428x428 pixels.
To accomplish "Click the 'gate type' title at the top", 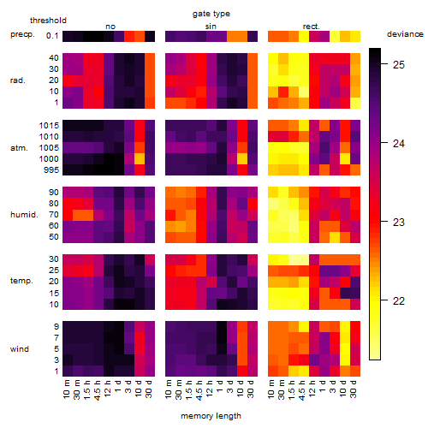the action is tap(211, 14).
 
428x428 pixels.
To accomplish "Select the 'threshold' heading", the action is tap(48, 21).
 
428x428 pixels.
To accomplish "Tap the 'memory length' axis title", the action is tap(211, 416).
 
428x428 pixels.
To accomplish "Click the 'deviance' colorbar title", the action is tap(405, 34).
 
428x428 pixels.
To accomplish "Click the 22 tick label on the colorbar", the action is tap(399, 300).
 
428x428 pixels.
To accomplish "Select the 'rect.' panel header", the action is tap(312, 27).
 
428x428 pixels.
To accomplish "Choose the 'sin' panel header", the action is tap(211, 27).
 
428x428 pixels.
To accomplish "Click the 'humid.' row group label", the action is tap(24, 215).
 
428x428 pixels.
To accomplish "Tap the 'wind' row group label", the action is tap(20, 349).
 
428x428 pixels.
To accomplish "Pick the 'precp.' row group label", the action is tap(22, 34).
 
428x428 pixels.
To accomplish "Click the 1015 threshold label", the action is tap(49, 125).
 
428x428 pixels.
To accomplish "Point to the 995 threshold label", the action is tap(51, 170).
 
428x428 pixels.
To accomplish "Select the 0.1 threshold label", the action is tap(52, 36).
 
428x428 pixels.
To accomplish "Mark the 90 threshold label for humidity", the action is tap(54, 193).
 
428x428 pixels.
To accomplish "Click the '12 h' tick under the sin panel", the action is tap(209, 389).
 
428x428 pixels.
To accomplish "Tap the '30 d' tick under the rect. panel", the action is tap(354, 389).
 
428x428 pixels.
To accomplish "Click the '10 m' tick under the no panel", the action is tap(66, 389).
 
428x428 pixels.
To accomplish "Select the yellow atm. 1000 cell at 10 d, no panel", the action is tap(140, 158).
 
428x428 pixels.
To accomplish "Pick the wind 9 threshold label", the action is tap(56, 326).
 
